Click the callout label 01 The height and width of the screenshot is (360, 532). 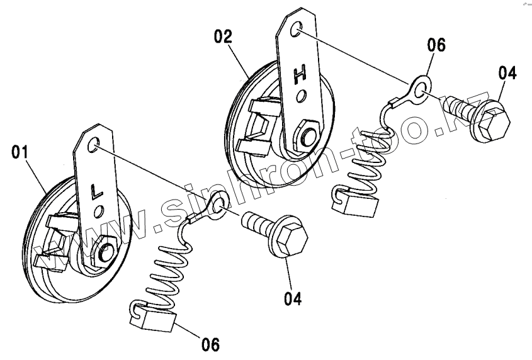[x=20, y=151]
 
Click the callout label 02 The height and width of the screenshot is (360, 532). [x=223, y=35]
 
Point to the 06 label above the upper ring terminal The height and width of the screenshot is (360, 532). [x=436, y=45]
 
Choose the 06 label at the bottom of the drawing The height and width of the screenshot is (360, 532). [x=210, y=344]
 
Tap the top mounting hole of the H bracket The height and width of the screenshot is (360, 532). [x=297, y=28]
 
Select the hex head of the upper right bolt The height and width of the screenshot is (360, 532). [x=495, y=118]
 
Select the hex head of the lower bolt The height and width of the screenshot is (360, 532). [x=292, y=239]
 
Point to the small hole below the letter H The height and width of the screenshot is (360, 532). [x=303, y=96]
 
